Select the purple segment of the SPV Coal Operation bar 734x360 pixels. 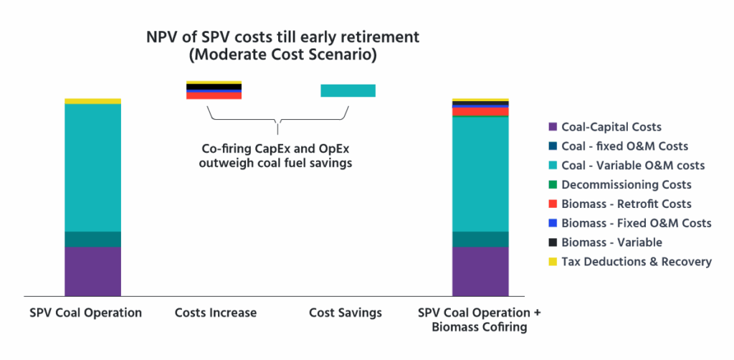(x=92, y=271)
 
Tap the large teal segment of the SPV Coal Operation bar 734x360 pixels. (x=92, y=167)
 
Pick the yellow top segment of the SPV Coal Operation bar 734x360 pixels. (x=92, y=101)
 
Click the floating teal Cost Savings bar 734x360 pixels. (x=348, y=90)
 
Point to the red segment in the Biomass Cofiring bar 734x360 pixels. (x=480, y=111)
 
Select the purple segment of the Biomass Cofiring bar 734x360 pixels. (x=480, y=271)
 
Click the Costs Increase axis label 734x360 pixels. (x=215, y=313)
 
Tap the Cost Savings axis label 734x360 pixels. (x=345, y=313)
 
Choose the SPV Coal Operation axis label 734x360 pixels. (x=85, y=313)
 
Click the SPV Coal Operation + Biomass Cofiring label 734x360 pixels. (x=480, y=321)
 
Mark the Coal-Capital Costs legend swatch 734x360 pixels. (x=552, y=127)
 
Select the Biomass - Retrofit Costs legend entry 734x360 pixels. (x=626, y=204)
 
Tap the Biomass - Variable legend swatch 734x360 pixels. (x=552, y=242)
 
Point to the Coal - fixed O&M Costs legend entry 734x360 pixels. (x=624, y=146)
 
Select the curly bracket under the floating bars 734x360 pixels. (x=277, y=119)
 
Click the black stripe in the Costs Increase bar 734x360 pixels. (x=214, y=87)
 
